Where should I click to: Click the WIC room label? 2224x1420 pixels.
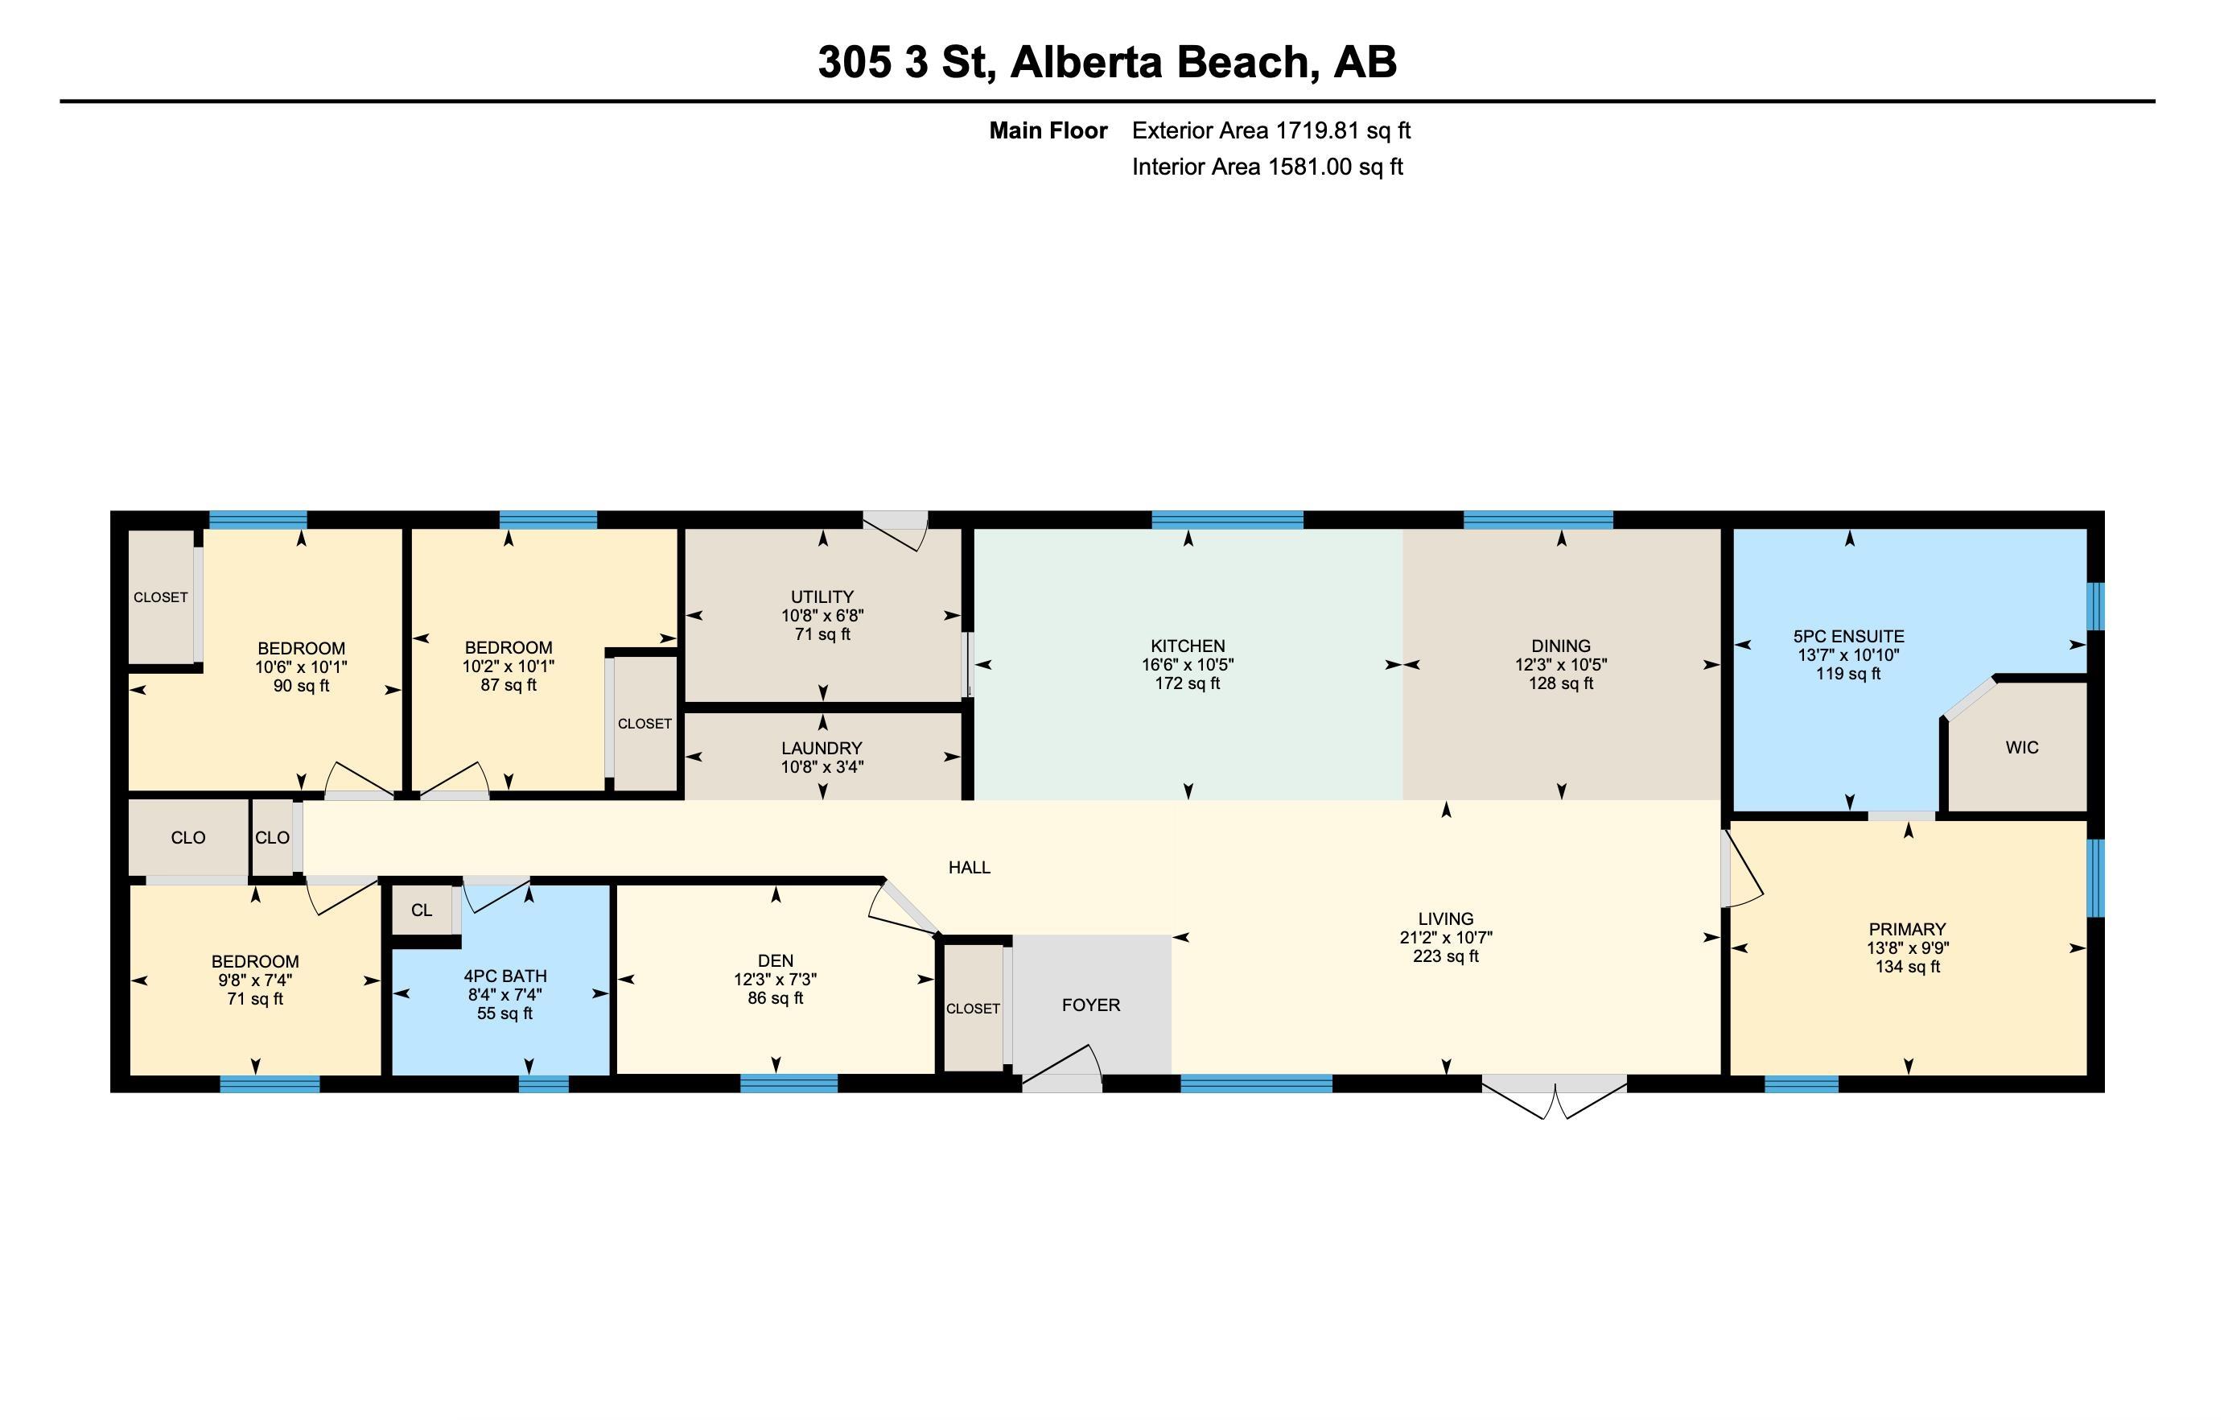coord(2022,747)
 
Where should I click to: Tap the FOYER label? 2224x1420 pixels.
coord(1091,1005)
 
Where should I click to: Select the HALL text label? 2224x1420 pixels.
coord(970,868)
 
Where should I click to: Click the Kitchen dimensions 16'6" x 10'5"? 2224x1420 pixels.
coord(1188,665)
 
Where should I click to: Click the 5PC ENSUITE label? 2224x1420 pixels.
coord(1849,637)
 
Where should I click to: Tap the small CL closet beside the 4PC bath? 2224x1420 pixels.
coord(422,910)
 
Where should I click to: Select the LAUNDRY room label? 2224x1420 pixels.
coord(822,749)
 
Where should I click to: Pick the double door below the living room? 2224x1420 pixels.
coord(1555,1096)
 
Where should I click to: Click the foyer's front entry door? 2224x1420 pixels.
coord(1062,1068)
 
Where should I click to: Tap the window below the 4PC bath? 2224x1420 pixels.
coord(544,1084)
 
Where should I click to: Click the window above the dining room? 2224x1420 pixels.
coord(1538,519)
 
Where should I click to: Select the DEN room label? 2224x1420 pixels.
coord(776,961)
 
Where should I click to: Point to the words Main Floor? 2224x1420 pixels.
coord(1048,130)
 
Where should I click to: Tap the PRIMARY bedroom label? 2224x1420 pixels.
coord(1907,930)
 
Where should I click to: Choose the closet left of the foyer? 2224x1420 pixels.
coord(974,1007)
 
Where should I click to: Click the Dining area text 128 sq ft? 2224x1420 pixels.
coord(1561,683)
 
